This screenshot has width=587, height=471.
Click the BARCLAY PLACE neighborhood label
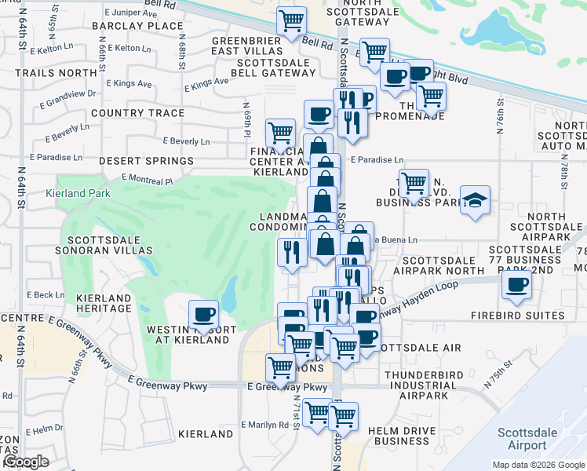pyautogui.click(x=137, y=26)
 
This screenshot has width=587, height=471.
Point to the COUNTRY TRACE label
pyautogui.click(x=137, y=113)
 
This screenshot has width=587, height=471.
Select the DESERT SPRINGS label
pyautogui.click(x=148, y=161)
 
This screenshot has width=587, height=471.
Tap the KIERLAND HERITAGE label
pyautogui.click(x=104, y=304)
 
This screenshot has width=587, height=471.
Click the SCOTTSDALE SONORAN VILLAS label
pyautogui.click(x=110, y=245)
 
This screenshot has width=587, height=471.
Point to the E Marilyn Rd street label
pyautogui.click(x=265, y=425)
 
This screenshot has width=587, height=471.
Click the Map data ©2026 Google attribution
pyautogui.click(x=538, y=465)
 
